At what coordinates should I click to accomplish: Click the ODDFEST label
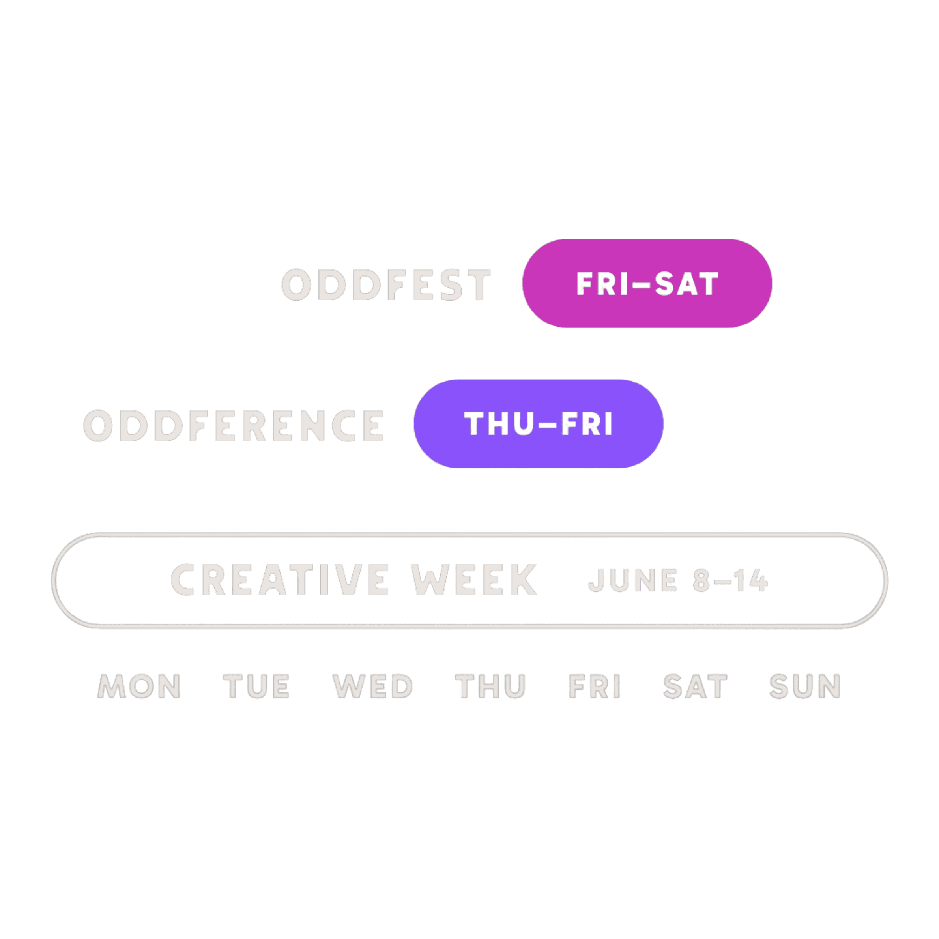(x=386, y=284)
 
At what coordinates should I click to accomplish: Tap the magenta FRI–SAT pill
(x=647, y=283)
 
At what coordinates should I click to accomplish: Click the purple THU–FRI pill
(x=539, y=423)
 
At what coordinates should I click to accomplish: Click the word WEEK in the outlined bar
(x=474, y=579)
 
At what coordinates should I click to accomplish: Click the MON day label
(x=139, y=686)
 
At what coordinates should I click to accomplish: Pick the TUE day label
(x=256, y=686)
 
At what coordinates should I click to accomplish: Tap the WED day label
(x=372, y=686)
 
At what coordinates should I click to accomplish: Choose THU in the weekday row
(x=490, y=686)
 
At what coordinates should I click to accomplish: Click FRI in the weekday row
(x=595, y=686)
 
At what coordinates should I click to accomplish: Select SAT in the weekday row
(x=695, y=686)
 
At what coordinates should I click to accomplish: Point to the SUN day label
(x=805, y=686)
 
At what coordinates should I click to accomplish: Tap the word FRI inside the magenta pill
(x=603, y=284)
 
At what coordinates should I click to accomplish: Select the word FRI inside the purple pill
(x=587, y=424)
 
